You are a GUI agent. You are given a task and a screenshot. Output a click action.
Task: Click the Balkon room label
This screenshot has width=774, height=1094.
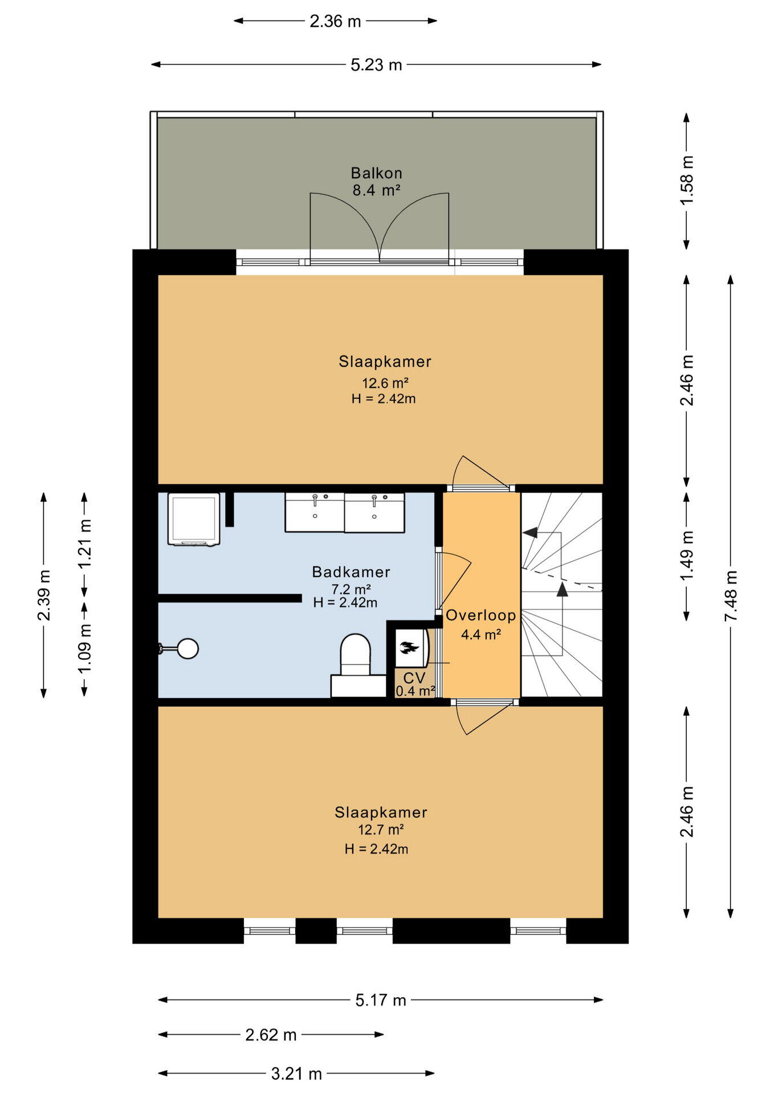click(376, 173)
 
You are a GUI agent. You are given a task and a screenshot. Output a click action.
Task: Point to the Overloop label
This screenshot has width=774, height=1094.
click(480, 615)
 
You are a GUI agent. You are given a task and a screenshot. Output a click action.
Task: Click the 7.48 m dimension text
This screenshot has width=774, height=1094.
click(731, 596)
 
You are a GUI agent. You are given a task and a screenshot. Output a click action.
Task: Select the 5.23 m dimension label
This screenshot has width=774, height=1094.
click(376, 65)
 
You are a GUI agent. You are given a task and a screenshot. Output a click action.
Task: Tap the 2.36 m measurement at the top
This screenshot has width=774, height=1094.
click(335, 21)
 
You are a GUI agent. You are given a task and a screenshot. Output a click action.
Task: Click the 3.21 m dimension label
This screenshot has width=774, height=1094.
click(296, 1074)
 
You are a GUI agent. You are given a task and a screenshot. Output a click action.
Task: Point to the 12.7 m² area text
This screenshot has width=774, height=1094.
click(381, 830)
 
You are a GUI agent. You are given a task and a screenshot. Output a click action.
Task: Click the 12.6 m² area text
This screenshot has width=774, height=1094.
click(385, 382)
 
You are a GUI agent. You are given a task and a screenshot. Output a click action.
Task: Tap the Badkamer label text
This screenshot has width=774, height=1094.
click(351, 572)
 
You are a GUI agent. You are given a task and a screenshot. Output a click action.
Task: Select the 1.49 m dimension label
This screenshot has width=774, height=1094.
click(687, 556)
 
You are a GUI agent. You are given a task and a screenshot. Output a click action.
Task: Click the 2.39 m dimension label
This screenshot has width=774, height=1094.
click(44, 595)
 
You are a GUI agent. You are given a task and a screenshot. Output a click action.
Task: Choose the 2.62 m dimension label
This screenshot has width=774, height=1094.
click(271, 1035)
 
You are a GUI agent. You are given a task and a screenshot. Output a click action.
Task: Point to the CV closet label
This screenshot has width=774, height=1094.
click(414, 678)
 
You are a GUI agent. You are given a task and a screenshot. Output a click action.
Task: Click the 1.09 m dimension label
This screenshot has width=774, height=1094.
click(84, 648)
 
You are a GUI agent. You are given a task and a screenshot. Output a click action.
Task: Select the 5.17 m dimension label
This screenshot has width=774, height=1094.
click(381, 1000)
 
